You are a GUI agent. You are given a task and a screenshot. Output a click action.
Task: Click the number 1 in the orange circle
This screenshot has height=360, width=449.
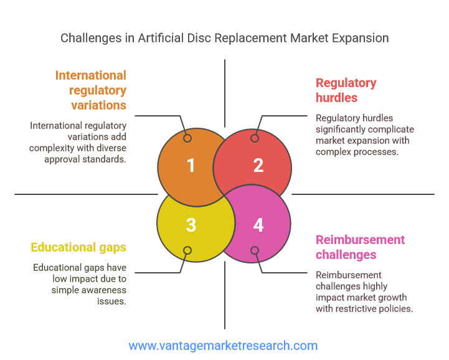tap(191, 166)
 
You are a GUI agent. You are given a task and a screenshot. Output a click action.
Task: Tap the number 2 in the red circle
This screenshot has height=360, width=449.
tap(258, 166)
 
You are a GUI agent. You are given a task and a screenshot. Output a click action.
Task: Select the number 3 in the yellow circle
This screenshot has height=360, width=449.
tap(191, 225)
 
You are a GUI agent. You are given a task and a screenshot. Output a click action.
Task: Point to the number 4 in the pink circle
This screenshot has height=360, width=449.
tap(258, 225)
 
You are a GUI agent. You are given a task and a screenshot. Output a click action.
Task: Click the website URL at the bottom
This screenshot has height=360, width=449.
tap(223, 346)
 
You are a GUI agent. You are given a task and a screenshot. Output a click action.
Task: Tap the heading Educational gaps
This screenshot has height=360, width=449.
tap(78, 247)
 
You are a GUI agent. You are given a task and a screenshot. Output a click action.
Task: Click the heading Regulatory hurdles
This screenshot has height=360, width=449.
tap(346, 90)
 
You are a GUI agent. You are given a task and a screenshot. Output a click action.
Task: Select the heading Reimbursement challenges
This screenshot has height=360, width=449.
tap(360, 247)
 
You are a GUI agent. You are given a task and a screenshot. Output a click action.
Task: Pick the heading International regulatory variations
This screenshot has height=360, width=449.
tap(91, 90)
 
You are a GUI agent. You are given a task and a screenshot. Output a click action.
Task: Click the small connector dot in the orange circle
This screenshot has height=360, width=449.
tap(187, 138)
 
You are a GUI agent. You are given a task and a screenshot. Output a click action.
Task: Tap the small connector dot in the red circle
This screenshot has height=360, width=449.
tap(255, 138)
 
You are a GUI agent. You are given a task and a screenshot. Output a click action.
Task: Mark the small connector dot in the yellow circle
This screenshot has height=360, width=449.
tap(187, 250)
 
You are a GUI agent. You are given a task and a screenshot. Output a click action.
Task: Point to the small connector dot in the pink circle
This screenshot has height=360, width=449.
tap(255, 250)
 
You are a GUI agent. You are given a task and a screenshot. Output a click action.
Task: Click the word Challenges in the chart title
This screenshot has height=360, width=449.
tap(91, 38)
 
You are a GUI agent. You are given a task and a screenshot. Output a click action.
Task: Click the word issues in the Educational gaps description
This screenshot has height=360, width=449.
tap(111, 301)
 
